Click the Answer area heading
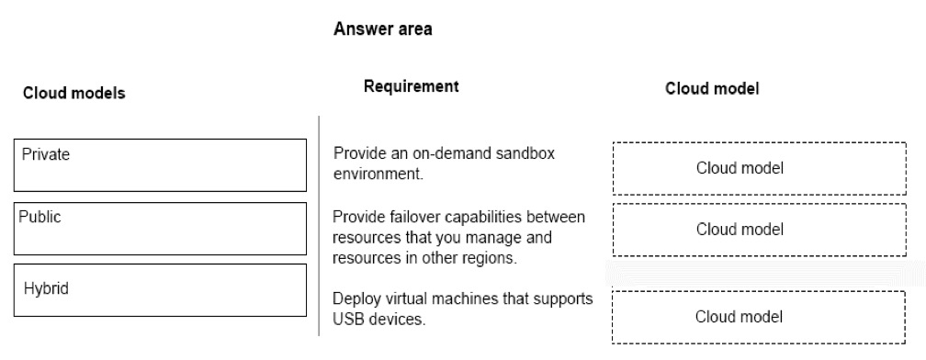383,28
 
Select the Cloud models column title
73,94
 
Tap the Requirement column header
411,86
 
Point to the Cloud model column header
712,88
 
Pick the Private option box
160,165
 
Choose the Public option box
160,229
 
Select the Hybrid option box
160,290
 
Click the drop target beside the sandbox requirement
759,168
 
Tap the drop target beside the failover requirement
759,230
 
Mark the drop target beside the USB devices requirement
758,317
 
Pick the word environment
378,174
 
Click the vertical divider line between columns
320,226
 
